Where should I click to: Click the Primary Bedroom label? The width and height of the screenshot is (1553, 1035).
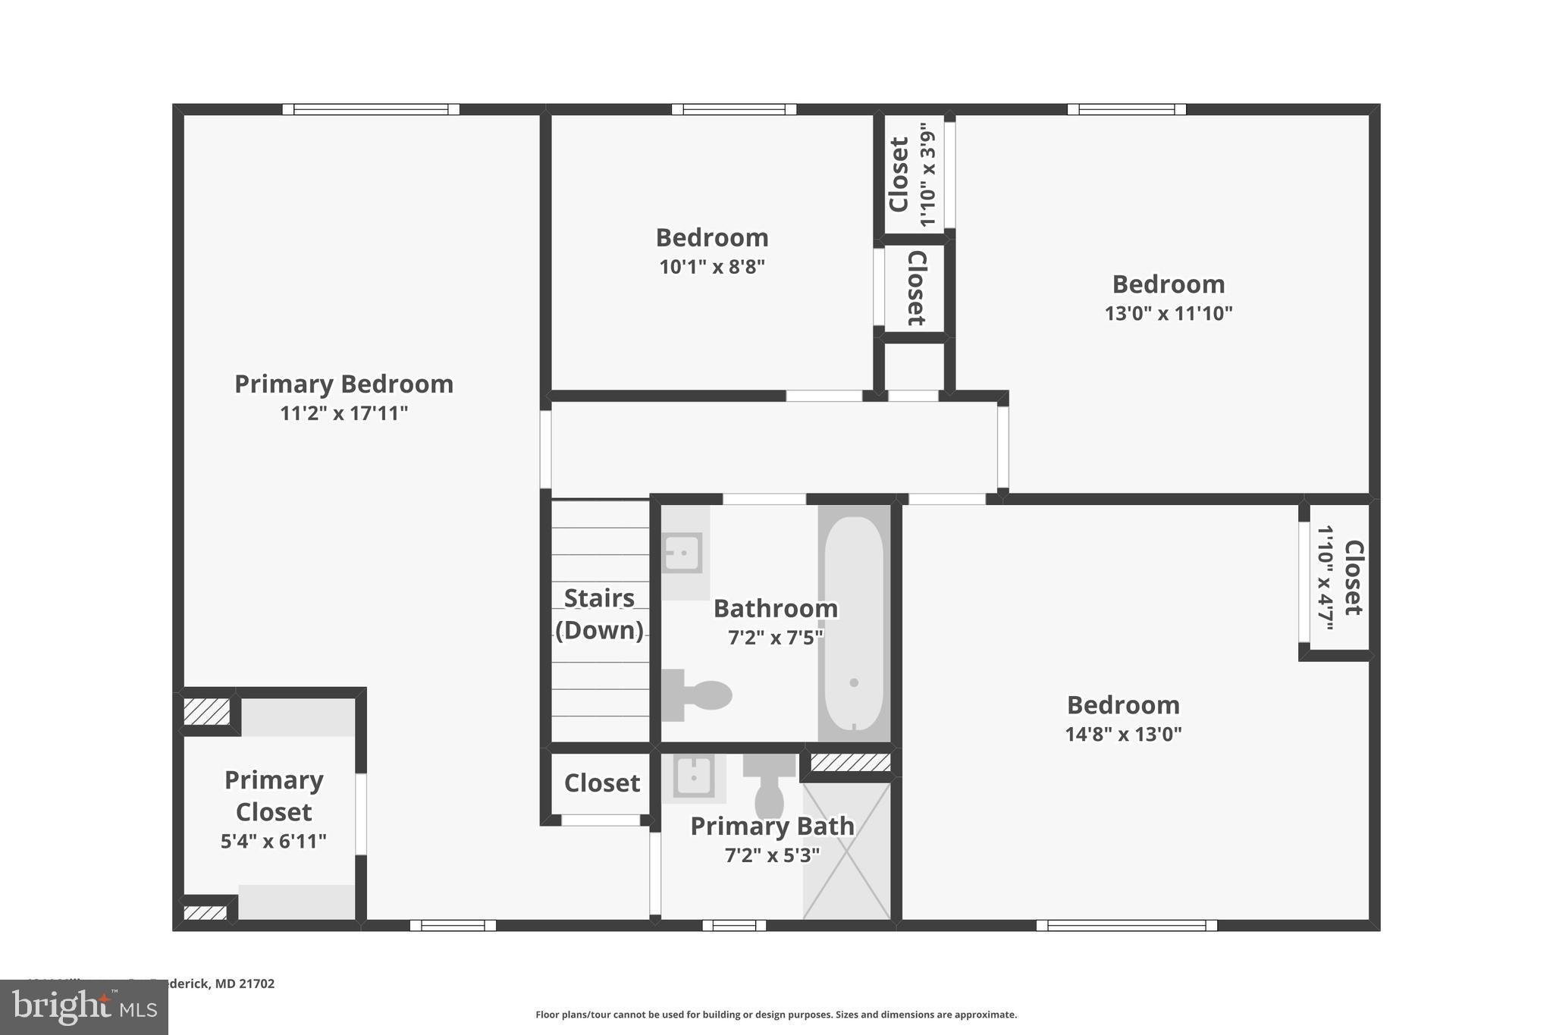coord(344,384)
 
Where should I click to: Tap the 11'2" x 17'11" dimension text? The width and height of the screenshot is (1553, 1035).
coord(344,414)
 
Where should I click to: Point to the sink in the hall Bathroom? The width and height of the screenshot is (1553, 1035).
coord(682,553)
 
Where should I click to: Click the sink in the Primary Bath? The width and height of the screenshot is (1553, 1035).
coord(693,777)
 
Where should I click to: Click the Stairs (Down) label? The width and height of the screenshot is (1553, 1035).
coord(599,614)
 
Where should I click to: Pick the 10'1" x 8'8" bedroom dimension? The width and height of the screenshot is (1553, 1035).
coord(712,267)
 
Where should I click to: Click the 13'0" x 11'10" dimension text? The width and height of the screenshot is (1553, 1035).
coord(1169,314)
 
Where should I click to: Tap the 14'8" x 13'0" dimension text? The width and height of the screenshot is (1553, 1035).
coord(1123,735)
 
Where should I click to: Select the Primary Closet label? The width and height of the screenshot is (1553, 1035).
coord(274,796)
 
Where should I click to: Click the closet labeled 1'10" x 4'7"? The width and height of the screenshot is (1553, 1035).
coord(1340,578)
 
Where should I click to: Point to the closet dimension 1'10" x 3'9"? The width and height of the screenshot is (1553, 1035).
coord(927,175)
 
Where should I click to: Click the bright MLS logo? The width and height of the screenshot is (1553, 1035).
coord(84,1007)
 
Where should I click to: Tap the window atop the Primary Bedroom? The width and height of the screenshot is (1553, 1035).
coord(371,109)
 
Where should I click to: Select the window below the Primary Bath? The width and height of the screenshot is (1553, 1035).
coord(734,925)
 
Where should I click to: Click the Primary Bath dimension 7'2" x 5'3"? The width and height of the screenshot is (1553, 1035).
coord(772,856)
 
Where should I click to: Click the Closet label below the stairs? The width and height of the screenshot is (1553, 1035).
coord(602,783)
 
